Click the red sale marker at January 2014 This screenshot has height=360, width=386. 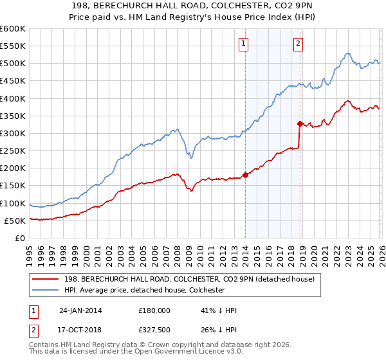coord(245,175)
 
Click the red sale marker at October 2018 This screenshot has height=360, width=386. coord(300,123)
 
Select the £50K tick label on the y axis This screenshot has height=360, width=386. coord(15,221)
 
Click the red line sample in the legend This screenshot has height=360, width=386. coord(46,279)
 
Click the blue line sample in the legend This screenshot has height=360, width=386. coord(46,290)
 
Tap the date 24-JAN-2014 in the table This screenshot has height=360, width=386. coord(80,310)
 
